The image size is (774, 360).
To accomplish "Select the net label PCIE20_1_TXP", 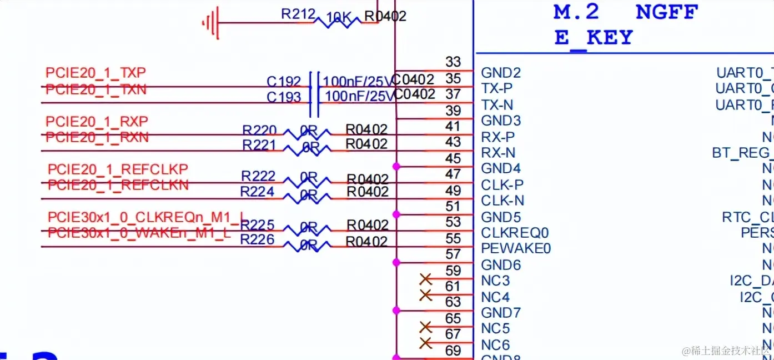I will tap(96, 73).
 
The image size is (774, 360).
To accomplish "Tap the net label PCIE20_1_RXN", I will tap(97, 137).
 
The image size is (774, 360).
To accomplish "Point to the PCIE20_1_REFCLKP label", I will tap(118, 169).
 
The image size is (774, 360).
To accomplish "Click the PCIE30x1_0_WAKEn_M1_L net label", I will tap(139, 233).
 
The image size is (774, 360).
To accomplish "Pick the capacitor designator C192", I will tap(283, 82).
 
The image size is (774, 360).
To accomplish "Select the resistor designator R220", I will tap(259, 131).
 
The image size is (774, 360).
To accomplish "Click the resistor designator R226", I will tap(257, 239).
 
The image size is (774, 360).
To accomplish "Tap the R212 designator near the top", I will tap(298, 14).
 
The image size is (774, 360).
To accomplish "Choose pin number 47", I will tap(453, 174).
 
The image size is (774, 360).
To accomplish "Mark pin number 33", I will tap(453, 62).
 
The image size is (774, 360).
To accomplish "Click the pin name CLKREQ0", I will tap(515, 232).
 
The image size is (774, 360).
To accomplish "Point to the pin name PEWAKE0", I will tap(516, 248).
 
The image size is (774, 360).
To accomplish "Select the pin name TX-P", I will tap(497, 88).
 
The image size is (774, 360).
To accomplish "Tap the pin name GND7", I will tap(501, 313).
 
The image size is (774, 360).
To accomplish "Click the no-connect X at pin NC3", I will tap(426, 279).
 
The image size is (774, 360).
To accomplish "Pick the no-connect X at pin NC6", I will tap(426, 343).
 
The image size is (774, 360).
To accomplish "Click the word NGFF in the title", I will tap(666, 12).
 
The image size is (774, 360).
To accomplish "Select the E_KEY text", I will tap(594, 38).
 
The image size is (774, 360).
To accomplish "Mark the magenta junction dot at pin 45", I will tap(396, 166).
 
